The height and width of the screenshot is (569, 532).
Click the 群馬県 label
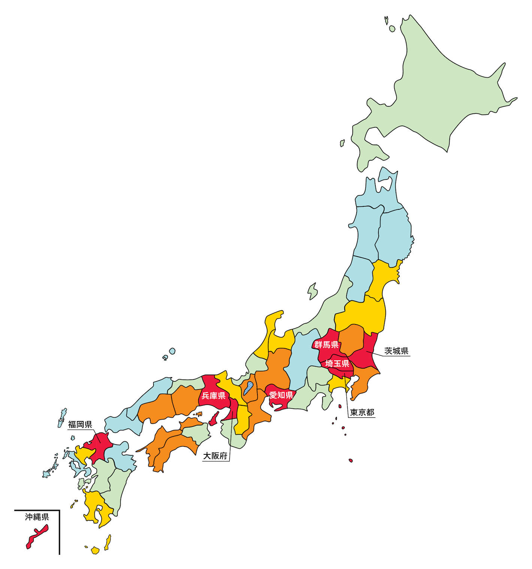(326, 345)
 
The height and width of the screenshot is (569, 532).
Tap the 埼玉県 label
(337, 363)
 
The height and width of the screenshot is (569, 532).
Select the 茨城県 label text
(396, 351)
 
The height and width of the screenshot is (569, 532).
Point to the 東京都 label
(362, 412)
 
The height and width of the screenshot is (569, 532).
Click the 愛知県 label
(281, 395)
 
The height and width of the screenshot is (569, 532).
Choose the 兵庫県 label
(213, 396)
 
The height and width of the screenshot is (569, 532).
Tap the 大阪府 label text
(215, 456)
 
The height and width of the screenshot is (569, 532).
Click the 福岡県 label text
(80, 424)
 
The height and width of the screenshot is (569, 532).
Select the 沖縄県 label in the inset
(37, 517)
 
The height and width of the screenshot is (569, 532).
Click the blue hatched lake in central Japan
(248, 389)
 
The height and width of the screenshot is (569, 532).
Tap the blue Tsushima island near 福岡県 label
(62, 418)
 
